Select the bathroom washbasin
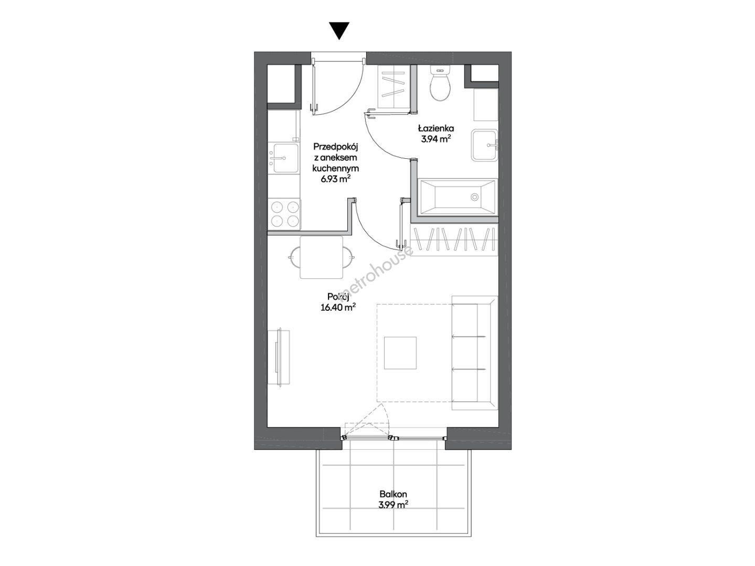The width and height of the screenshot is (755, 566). (x=484, y=145)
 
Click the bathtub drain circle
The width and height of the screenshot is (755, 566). (x=474, y=197)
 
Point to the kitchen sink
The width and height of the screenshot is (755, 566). (x=285, y=158)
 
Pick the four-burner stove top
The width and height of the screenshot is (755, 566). (x=284, y=214)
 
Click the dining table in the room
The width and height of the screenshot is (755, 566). (x=321, y=257)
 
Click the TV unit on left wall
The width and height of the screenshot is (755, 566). (x=279, y=357)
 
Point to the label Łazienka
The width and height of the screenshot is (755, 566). (x=436, y=128)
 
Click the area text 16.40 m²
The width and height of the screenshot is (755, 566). (x=338, y=308)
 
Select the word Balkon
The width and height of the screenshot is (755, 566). (x=393, y=494)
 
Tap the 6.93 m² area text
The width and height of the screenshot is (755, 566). (x=336, y=179)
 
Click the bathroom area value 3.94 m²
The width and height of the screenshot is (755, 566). (x=436, y=139)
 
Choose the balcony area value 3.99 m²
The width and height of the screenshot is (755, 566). (x=393, y=505)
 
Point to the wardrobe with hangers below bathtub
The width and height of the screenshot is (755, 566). (x=454, y=242)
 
